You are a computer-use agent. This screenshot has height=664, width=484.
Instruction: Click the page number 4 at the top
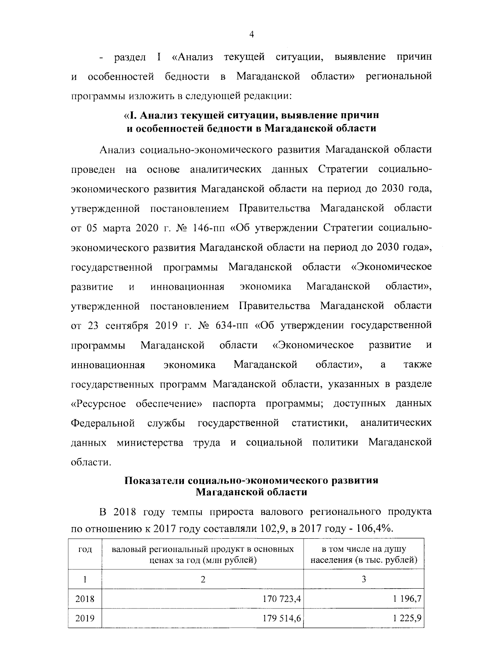252,35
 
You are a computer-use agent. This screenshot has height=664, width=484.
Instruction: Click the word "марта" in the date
115,228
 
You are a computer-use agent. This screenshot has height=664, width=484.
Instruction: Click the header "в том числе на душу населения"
364,554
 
